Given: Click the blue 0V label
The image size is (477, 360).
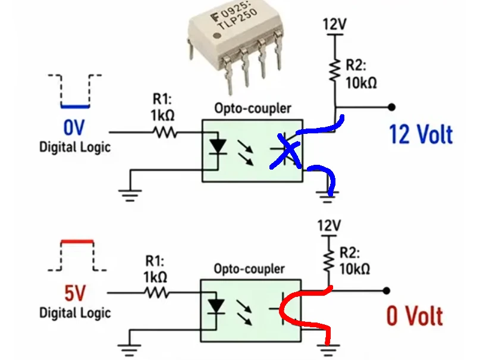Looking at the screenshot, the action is (74, 127).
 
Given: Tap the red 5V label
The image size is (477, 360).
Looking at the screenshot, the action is (75, 293).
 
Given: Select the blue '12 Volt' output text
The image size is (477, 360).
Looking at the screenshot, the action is (421, 134).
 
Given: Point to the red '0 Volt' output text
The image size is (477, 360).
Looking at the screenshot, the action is (415, 316).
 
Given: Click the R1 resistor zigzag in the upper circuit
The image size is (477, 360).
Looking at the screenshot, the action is (164, 132).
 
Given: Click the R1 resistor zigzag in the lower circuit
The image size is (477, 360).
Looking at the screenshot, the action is (157, 293).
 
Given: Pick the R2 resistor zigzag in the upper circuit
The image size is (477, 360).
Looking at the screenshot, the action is (335, 70).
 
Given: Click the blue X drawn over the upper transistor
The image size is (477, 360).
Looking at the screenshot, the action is (286, 151).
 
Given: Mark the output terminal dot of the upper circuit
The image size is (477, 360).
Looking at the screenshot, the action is (392, 107).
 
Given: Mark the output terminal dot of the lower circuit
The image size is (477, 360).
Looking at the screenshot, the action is (387, 291).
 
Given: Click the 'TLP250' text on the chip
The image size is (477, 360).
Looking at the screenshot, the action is (238, 19).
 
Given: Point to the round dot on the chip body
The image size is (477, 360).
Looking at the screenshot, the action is (217, 36).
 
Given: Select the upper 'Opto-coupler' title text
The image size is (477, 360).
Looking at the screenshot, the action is (253, 108).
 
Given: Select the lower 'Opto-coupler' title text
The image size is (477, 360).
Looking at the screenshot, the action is (249, 269).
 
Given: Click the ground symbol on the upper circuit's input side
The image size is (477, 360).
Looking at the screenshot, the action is (130, 195).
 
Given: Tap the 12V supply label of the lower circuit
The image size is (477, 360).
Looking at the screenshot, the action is (329, 226).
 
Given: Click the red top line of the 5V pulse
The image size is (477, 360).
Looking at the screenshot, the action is (77, 242).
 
